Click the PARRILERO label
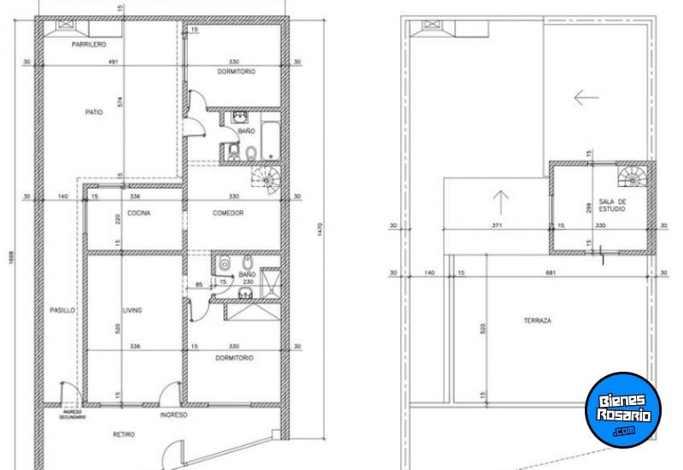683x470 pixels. (89, 44)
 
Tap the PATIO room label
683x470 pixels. (94, 112)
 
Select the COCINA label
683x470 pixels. (139, 213)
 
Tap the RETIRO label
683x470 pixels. (125, 435)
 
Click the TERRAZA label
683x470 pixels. (537, 320)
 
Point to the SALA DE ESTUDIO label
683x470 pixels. (612, 205)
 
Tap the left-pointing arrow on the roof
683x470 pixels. (586, 97)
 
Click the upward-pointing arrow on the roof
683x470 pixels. (500, 202)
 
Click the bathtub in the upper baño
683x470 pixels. (269, 140)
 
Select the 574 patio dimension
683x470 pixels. (121, 104)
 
